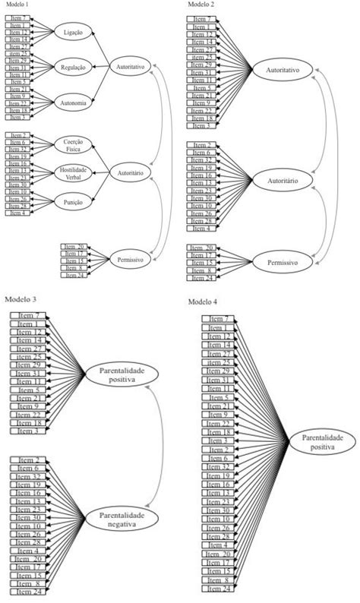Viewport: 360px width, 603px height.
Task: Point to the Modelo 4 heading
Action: coord(204,301)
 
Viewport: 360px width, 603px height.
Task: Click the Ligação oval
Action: coord(74,32)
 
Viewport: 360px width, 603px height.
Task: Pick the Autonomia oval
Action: coord(74,103)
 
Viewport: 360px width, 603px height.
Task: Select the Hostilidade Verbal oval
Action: coord(74,173)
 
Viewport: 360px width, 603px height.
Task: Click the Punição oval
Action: coord(74,201)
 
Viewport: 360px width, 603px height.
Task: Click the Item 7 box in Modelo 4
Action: coord(219,318)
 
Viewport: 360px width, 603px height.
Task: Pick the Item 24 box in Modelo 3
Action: coord(27,592)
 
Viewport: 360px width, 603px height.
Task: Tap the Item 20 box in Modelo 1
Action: coord(74,247)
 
